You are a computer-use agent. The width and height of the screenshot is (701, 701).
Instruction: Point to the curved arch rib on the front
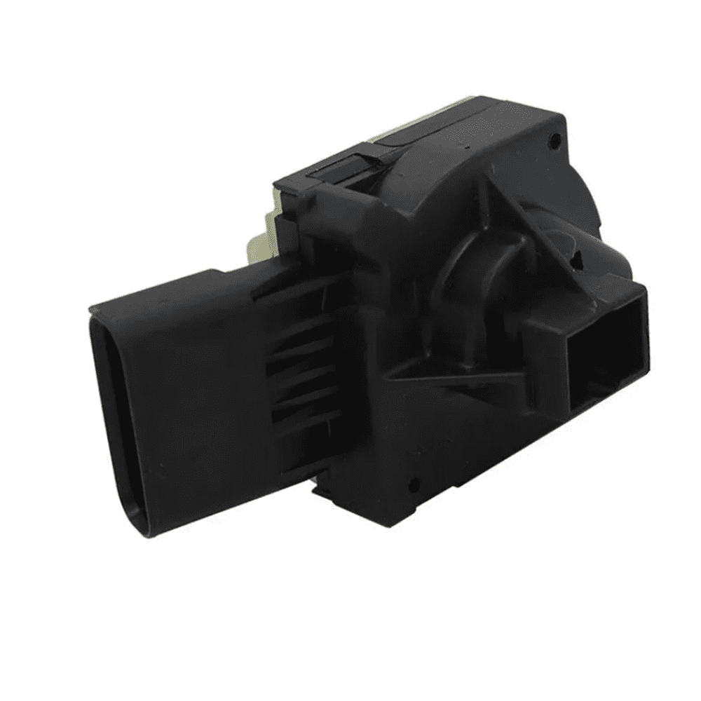[x=456, y=266]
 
